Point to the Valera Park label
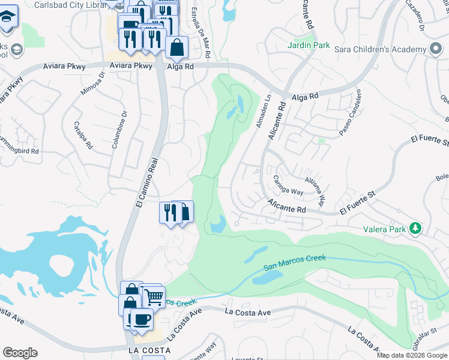tap(385, 229)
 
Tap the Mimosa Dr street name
tap(92, 83)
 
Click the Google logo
tap(20, 353)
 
